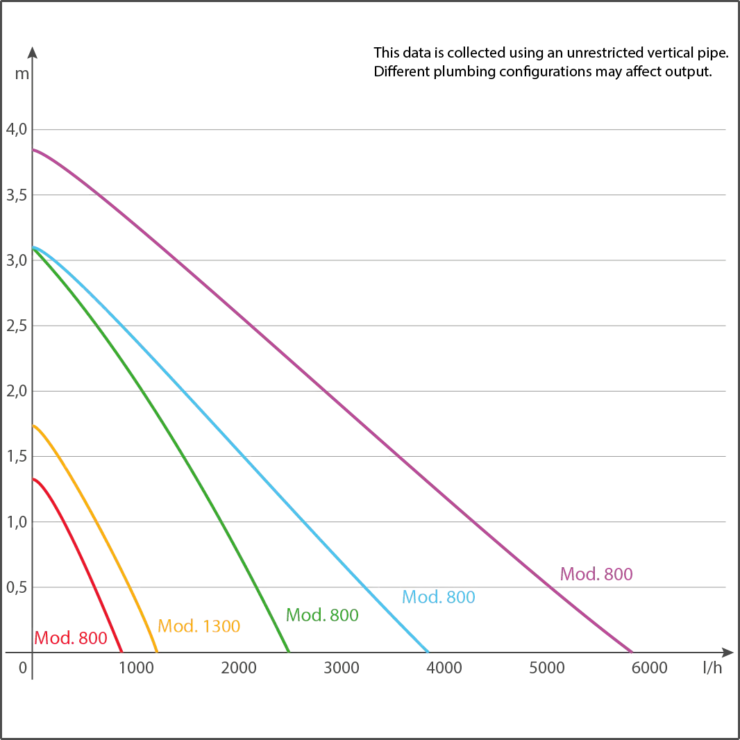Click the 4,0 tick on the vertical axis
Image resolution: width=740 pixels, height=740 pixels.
17,129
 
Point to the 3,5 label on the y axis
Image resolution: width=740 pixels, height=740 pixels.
17,195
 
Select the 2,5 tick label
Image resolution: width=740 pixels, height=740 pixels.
17,326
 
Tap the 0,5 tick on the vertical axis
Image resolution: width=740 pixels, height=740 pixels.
17,587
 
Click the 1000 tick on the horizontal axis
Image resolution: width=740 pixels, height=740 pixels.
136,668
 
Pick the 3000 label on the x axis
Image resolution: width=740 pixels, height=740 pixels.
342,668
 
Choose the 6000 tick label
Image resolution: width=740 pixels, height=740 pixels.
649,668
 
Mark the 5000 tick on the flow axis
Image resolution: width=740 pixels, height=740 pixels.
546,668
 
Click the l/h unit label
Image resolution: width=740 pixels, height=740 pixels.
712,667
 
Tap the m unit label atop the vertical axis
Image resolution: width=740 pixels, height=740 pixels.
22,74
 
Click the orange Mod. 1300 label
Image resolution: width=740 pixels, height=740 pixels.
199,625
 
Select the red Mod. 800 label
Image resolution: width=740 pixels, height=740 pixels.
71,638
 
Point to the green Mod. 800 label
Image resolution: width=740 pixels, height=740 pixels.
322,615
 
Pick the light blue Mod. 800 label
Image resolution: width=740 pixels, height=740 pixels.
439,597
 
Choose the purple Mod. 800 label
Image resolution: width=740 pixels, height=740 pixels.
596,574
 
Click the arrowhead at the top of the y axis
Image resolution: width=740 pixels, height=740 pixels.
32,52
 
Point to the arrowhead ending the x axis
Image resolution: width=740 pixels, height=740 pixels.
728,653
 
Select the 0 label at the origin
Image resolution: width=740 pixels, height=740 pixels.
23,668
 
